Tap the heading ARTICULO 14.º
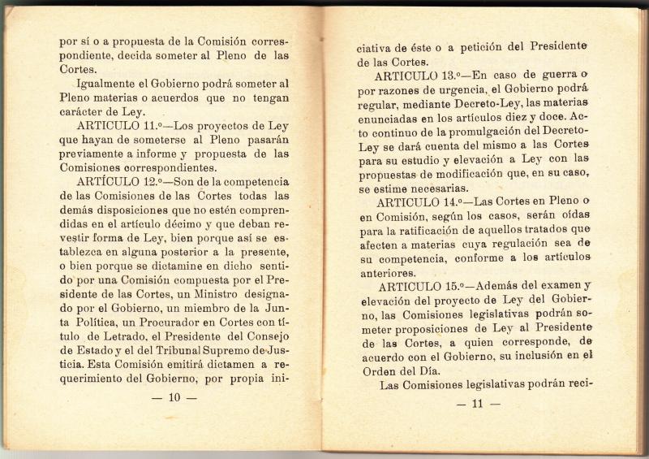pos(427,201)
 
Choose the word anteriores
pos(393,272)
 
